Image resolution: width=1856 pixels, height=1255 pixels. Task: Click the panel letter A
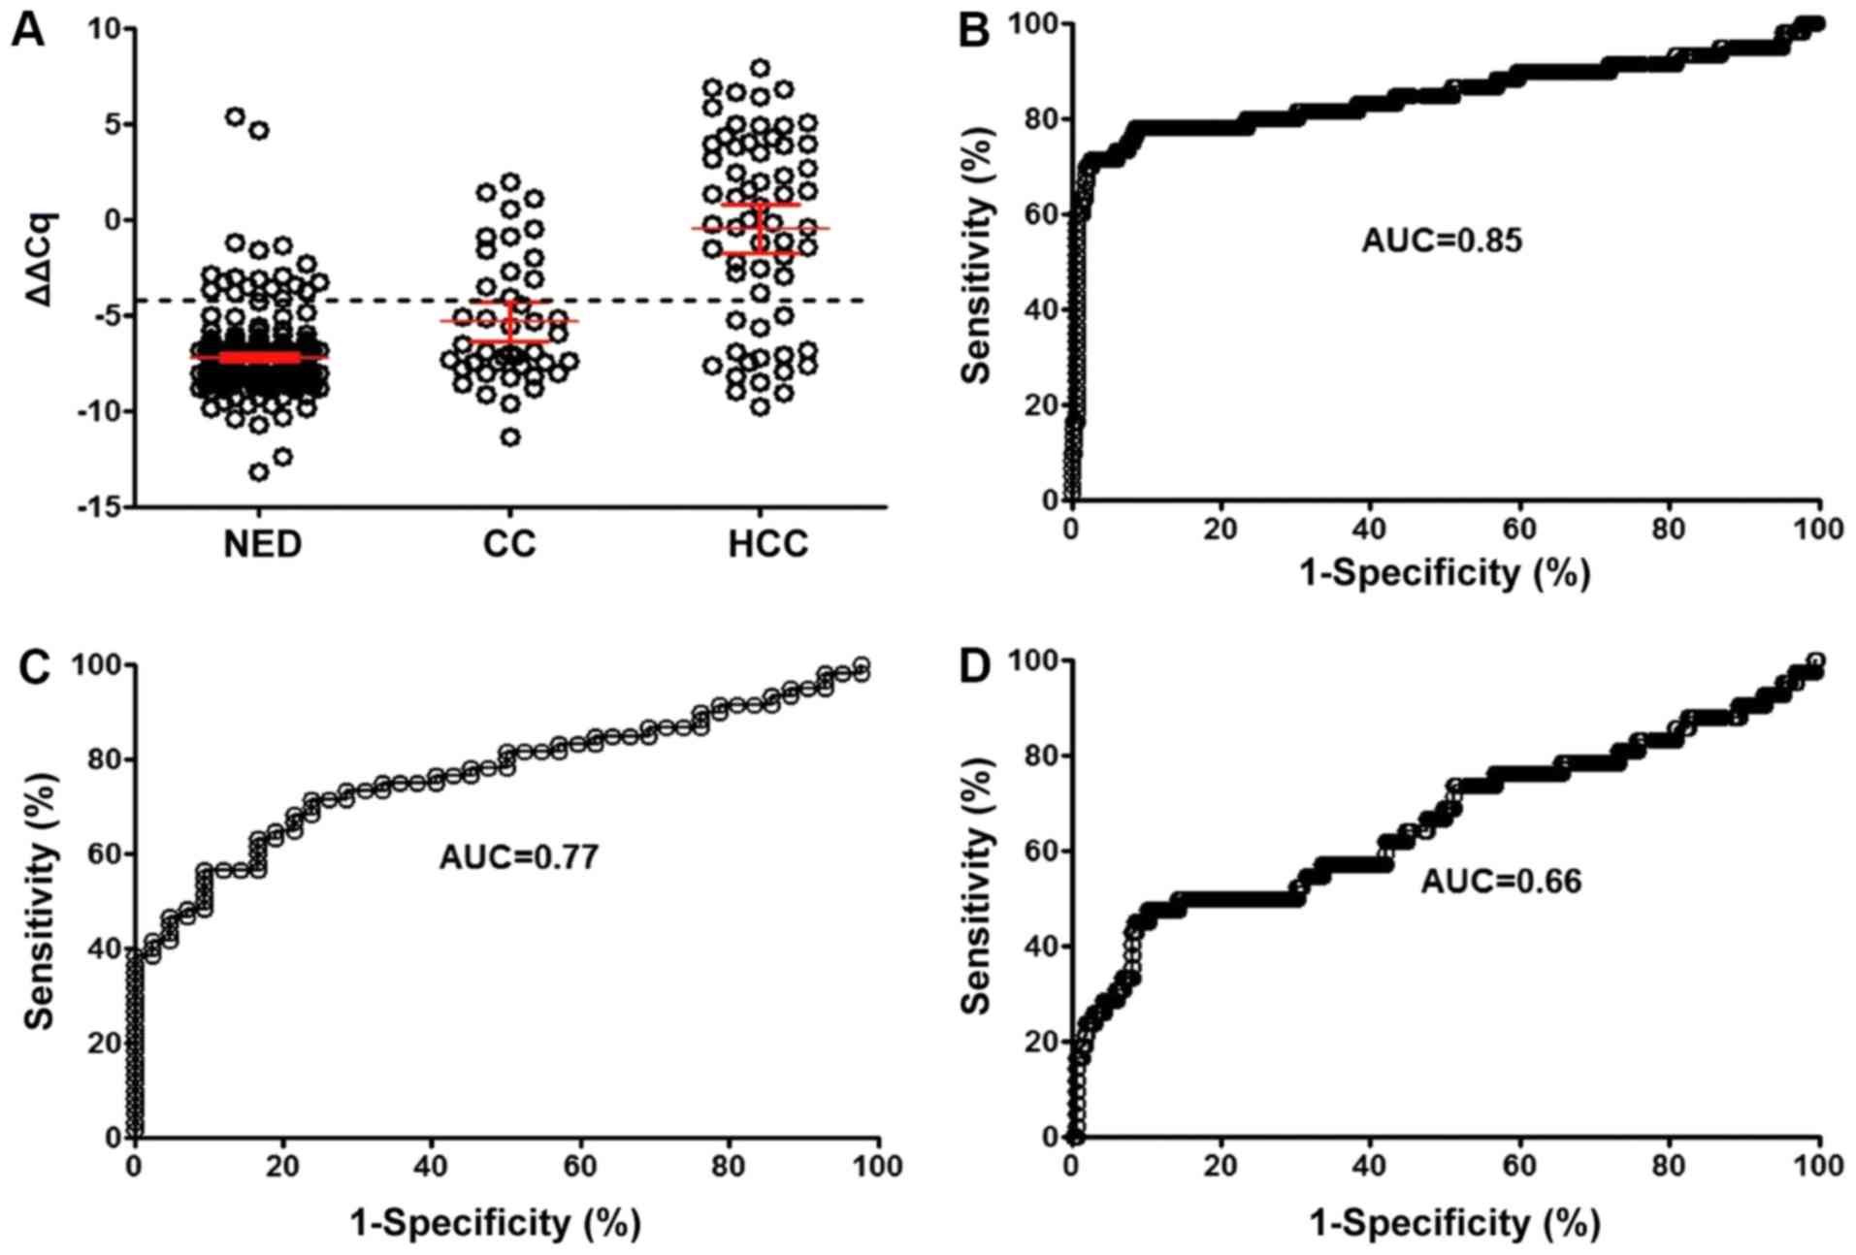click(27, 31)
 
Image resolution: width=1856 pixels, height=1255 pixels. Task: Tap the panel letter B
click(973, 31)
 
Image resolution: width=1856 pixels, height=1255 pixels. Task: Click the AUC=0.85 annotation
click(1442, 240)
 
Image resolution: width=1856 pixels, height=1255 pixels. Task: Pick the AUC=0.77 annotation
click(519, 857)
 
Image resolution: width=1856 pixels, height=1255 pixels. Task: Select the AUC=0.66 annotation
click(1501, 881)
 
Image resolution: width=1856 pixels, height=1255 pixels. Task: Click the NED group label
click(262, 545)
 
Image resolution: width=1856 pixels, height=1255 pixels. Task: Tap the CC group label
click(509, 545)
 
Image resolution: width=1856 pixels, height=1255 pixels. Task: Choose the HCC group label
click(767, 545)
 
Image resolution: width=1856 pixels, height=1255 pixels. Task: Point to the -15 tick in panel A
click(98, 507)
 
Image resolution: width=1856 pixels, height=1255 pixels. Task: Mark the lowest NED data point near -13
click(259, 472)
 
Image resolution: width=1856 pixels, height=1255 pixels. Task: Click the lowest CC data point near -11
click(510, 437)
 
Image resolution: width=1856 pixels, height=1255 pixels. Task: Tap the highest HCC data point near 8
click(761, 68)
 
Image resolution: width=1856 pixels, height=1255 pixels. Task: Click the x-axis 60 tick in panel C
click(580, 1165)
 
